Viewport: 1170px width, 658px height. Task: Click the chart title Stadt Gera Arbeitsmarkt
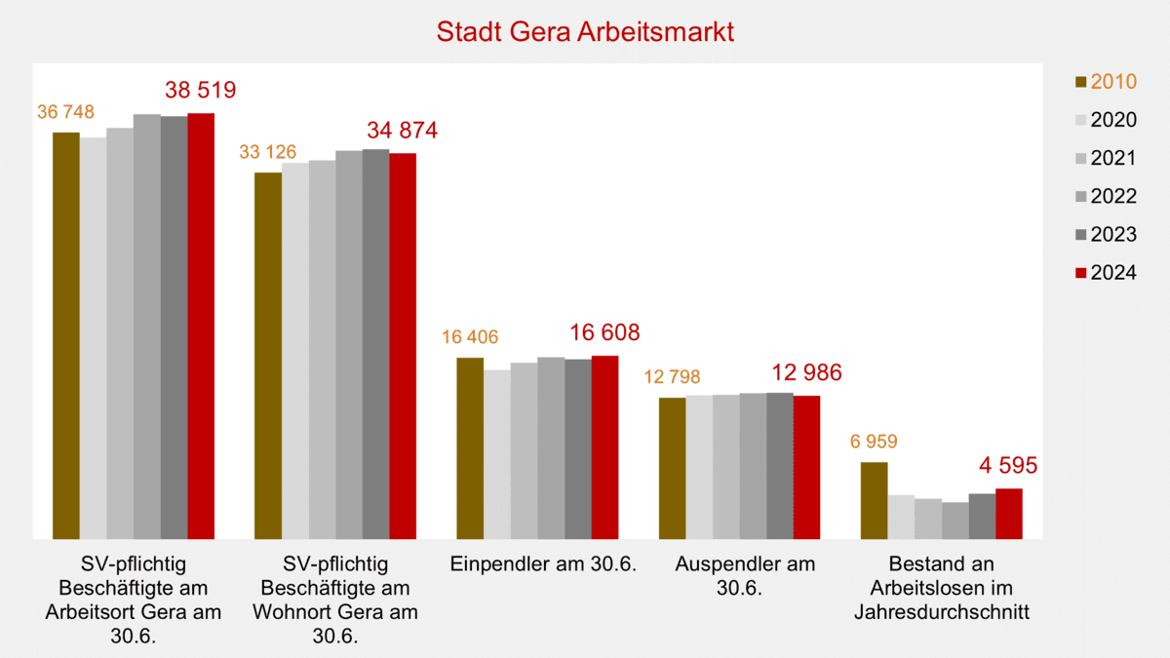(585, 31)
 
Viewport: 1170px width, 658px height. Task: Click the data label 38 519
(201, 91)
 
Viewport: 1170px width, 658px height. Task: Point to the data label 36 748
(65, 112)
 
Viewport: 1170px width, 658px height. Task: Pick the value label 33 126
(267, 152)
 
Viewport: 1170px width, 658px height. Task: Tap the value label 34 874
(402, 131)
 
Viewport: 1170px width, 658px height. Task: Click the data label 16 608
(604, 333)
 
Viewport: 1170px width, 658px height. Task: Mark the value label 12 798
(672, 377)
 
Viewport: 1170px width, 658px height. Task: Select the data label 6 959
(874, 442)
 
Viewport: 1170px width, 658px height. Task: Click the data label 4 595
(1008, 465)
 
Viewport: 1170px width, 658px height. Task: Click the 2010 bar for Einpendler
(470, 447)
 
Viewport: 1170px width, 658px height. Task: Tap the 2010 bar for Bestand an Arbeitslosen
(874, 499)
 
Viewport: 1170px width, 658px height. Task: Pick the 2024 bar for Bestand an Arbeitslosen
(1008, 513)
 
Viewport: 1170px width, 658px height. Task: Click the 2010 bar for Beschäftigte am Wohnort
(267, 355)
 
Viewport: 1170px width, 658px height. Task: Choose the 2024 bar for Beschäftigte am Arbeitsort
(201, 326)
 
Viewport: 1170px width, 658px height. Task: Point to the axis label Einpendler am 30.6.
(543, 564)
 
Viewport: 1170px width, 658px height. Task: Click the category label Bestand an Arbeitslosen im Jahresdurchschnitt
(943, 589)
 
